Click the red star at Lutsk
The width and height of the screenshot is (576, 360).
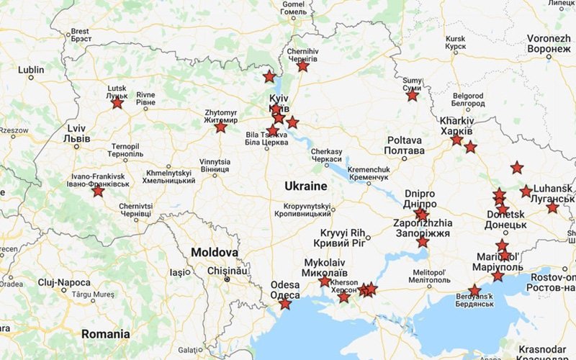coord(117,103)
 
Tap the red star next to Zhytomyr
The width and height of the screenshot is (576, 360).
coord(220,127)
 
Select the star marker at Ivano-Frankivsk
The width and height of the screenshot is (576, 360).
coord(98,192)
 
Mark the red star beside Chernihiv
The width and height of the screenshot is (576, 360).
coord(303,66)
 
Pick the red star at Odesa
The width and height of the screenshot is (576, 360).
coord(285,304)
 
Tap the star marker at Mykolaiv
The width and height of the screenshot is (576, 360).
coord(325,281)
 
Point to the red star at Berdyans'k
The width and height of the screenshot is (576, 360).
coord(474,291)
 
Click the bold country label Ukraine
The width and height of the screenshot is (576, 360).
coord(305,186)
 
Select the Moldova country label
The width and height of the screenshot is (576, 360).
coord(215,253)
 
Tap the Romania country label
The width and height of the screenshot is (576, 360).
coord(106,334)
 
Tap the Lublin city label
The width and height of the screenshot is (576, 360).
coord(31,70)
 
